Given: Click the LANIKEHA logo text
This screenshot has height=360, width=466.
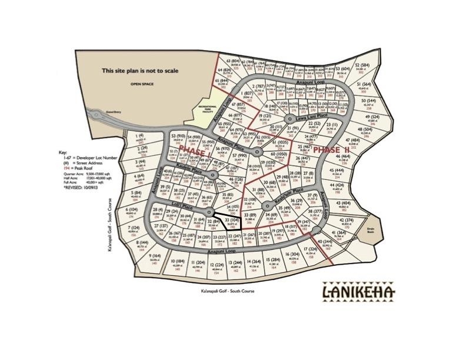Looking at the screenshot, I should coord(359,292).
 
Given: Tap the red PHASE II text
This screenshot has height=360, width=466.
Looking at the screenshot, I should coord(331,151).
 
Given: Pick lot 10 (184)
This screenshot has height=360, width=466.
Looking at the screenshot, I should coord(176,264).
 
